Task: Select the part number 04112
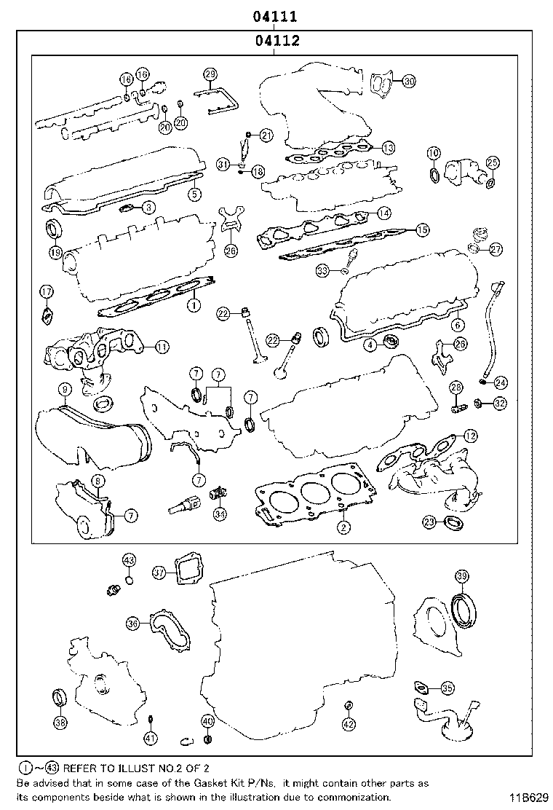coord(274,42)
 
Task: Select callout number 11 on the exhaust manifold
coord(161,347)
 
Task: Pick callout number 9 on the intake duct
coord(65,389)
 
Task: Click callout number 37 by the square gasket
coord(159,573)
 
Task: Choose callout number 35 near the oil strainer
coord(447,687)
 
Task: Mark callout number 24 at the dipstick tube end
coord(501,382)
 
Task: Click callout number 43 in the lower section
coord(129,560)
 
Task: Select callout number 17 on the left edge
coord(46,292)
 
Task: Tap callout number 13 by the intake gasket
coord(388,147)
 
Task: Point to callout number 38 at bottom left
coord(60,723)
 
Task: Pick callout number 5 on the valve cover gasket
coord(194,194)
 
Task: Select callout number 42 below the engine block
coord(349,723)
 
